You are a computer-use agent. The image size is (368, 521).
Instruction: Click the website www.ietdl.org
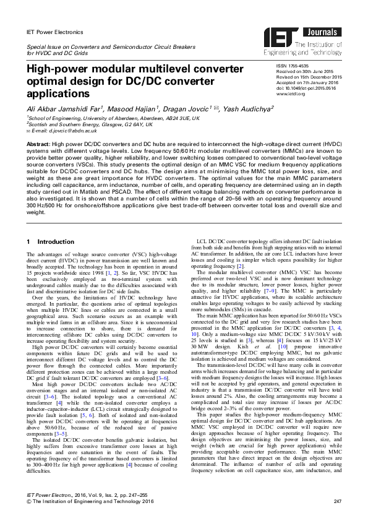[x=290, y=93]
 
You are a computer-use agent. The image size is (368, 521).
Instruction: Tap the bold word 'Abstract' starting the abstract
[x=38, y=143]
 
